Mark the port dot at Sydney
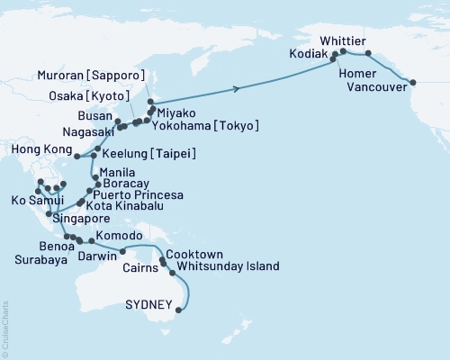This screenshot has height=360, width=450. (178, 310)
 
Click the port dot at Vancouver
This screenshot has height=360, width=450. (413, 83)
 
